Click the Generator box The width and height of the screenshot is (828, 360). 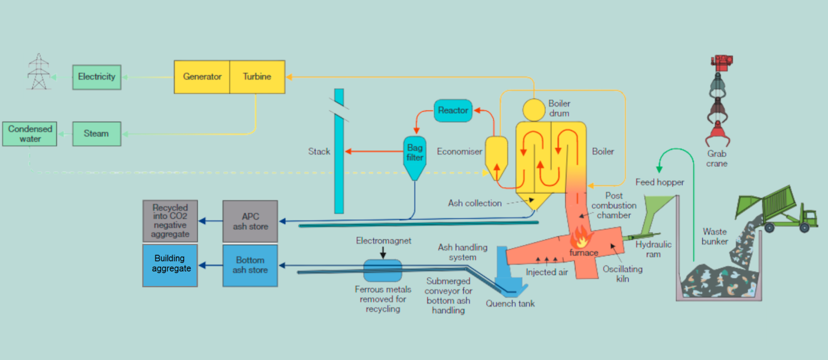point(202,77)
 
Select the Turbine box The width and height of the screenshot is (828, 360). point(257,77)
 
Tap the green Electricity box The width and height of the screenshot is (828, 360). point(97,77)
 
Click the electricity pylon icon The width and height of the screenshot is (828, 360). point(39,72)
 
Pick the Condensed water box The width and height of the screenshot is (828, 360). point(30,134)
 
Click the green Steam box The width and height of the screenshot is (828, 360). point(97,134)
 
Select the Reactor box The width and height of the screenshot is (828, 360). point(453,110)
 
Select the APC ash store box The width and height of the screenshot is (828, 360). point(250,221)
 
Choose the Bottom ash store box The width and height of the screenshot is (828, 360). point(250,265)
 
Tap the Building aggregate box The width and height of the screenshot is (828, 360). point(170,265)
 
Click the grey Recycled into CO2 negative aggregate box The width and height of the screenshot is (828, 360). point(170,221)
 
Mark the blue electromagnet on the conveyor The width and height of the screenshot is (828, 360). point(383,269)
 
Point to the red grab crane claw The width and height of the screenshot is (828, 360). point(717,133)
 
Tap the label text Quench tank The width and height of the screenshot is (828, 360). point(510,303)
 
